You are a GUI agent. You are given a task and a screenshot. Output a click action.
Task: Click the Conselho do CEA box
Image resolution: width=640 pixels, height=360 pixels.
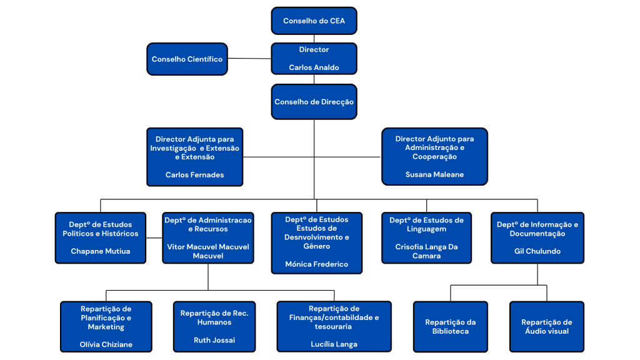[x=314, y=21]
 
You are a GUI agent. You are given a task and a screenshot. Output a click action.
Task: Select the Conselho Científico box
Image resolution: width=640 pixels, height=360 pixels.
[x=187, y=59]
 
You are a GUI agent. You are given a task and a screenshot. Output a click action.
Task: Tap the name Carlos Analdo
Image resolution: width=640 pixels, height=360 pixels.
[x=314, y=67]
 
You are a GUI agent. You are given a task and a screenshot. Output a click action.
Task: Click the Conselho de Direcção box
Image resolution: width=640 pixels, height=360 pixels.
[x=314, y=102]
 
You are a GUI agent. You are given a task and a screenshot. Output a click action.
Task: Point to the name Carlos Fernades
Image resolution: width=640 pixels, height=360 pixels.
[x=194, y=175]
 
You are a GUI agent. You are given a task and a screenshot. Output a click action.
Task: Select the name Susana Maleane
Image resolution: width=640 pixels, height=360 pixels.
[x=434, y=175]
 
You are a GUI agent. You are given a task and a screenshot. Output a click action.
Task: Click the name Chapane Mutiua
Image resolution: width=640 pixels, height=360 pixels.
[x=101, y=251]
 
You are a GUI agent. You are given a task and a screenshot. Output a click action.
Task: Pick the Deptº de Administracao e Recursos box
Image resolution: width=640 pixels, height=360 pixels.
[x=207, y=237]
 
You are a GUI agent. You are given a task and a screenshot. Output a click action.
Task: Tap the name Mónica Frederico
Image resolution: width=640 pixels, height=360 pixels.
[x=316, y=264]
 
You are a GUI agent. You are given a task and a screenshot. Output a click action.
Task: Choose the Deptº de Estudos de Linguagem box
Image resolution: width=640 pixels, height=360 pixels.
[x=426, y=237]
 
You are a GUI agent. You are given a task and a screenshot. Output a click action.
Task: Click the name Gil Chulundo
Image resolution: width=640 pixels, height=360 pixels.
[x=537, y=251]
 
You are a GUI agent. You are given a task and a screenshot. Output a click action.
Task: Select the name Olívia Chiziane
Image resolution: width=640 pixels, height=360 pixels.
[x=106, y=344]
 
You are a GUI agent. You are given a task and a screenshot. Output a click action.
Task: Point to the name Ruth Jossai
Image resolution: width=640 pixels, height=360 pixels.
[x=214, y=341]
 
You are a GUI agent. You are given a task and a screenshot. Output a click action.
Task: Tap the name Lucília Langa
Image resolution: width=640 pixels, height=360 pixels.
[x=334, y=344]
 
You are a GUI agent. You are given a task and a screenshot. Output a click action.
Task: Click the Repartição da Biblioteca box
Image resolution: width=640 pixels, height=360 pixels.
[x=450, y=326]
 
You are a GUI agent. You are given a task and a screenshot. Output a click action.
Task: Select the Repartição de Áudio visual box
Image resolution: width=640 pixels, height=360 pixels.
[x=546, y=326]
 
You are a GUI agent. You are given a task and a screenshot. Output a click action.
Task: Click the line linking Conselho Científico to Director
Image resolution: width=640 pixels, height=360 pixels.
[x=249, y=59]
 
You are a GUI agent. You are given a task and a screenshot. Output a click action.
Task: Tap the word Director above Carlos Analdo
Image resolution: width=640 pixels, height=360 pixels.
[x=314, y=49]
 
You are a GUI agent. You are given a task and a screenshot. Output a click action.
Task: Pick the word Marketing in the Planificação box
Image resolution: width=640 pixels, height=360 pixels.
[x=106, y=327]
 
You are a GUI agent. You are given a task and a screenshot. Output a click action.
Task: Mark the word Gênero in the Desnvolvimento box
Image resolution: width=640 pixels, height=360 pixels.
[x=316, y=246]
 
